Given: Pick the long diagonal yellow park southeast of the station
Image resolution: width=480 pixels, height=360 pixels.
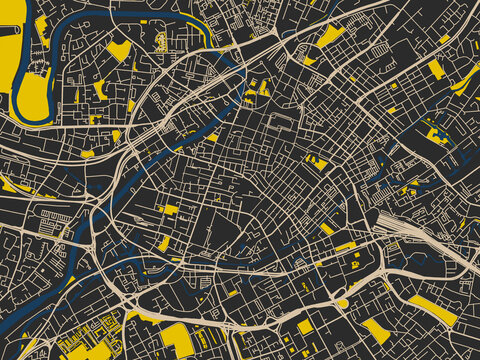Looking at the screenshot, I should [x=432, y=310].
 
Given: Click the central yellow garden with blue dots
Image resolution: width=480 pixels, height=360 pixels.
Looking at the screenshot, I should [x=317, y=162].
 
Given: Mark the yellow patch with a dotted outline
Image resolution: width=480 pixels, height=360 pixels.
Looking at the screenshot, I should [x=161, y=42].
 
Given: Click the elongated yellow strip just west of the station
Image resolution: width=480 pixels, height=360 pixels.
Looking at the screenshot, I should [x=345, y=246].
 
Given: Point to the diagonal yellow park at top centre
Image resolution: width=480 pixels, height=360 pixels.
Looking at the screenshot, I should [x=329, y=36].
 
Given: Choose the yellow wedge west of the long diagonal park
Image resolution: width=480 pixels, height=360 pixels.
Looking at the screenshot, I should [x=375, y=329].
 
